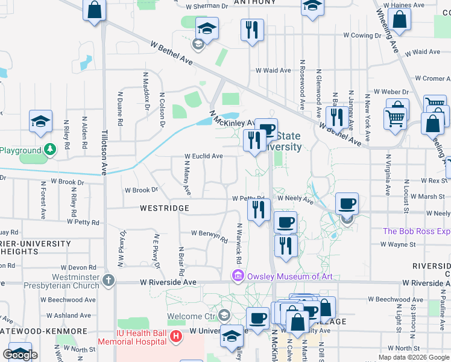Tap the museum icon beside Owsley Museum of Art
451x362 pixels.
click(238, 276)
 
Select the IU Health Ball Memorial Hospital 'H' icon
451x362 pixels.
click(176, 336)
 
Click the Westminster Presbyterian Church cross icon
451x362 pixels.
click(109, 280)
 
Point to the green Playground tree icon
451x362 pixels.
click(51, 149)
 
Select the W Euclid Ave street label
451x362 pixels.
click(203, 156)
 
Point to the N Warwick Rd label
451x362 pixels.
click(239, 244)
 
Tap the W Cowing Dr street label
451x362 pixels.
click(361, 36)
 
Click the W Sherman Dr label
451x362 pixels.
click(207, 5)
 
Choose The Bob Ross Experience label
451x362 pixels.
click(417, 231)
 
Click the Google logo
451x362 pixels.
click(20, 354)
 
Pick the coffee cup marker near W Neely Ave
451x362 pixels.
click(347, 204)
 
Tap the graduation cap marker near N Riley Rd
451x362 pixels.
click(41, 122)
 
